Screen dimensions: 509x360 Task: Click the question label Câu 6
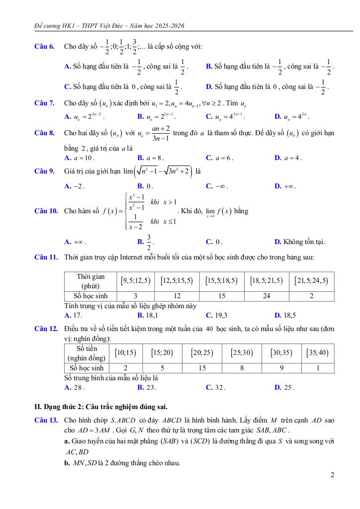[44, 47]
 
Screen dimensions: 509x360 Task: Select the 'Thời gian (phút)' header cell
[90, 281]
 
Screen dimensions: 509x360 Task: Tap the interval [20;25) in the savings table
[202, 353]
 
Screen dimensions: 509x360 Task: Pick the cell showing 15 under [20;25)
[202, 368]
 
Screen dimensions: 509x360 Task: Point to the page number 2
[332, 475]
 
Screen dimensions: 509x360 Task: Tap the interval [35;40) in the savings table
[318, 353]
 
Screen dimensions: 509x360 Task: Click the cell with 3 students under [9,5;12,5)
[135, 296]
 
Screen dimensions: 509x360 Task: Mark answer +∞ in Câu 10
[75, 242]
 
